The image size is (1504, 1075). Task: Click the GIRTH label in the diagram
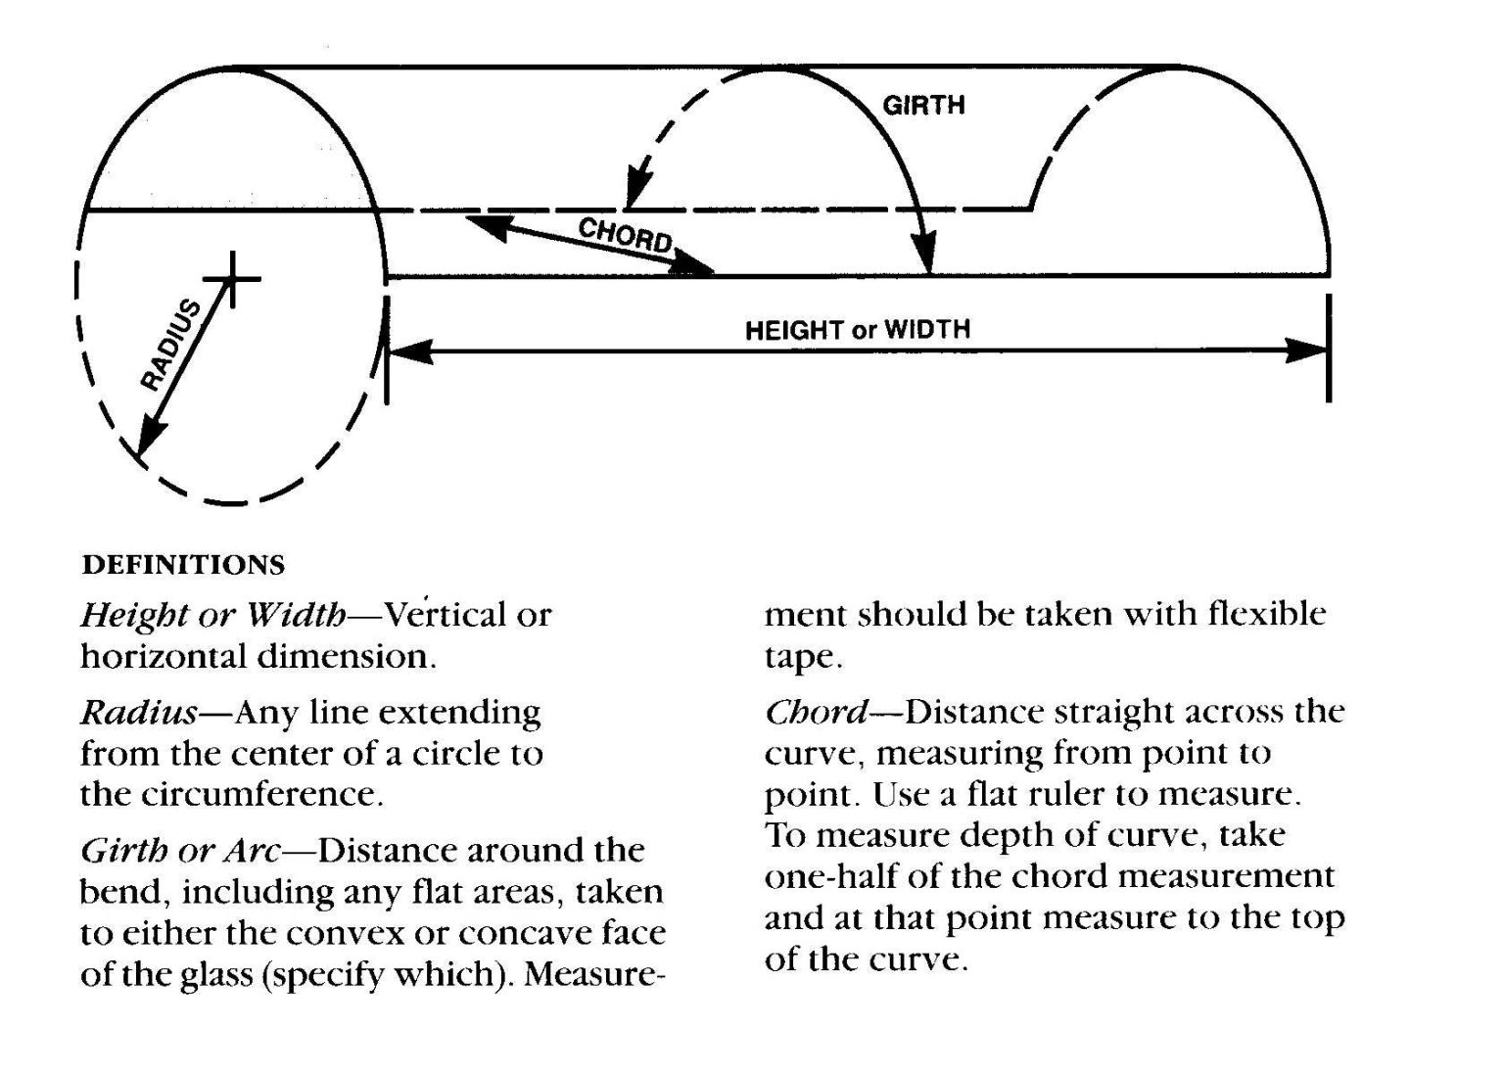(923, 105)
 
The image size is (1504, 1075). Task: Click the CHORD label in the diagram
(625, 236)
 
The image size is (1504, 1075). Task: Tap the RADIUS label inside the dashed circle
(170, 345)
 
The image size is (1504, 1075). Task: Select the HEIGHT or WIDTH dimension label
(857, 329)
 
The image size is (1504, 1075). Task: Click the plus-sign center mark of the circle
(231, 279)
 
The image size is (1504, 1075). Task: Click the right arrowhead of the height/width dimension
(1308, 351)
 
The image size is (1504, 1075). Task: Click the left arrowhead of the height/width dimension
(409, 351)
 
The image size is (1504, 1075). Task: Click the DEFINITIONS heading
(183, 565)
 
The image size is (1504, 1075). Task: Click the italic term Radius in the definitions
(138, 712)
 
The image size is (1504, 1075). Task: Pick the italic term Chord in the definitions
(816, 712)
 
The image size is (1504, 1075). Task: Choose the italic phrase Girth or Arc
(180, 851)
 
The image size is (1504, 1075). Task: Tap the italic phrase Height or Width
(212, 616)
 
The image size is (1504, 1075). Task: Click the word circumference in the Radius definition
(258, 794)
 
